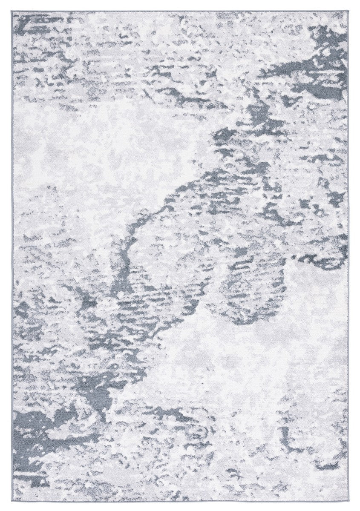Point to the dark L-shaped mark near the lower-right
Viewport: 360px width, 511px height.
point(294,443)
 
